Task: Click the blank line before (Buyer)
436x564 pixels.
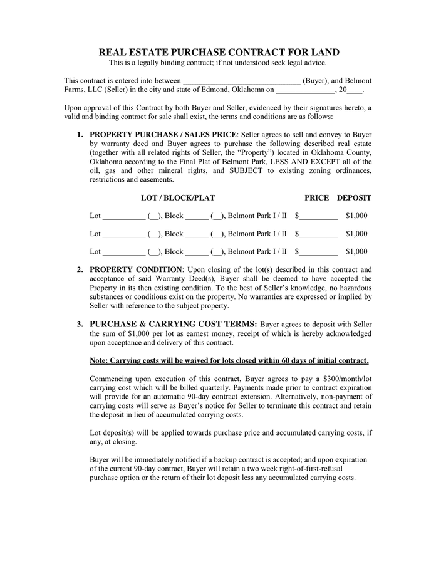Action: pos(242,81)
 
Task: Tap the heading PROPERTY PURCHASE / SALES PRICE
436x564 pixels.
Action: pos(163,134)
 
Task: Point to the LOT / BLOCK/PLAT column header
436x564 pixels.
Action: pos(178,198)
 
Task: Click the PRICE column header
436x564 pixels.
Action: pos(316,198)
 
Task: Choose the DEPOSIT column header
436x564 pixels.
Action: pos(354,198)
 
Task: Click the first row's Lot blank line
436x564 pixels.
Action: pos(123,217)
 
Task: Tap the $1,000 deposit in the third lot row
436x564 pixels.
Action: pos(356,252)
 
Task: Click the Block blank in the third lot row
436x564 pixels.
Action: pos(197,253)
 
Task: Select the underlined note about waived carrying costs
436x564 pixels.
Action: pos(229,361)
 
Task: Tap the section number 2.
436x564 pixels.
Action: pos(80,270)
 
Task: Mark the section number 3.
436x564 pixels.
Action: pos(80,325)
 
